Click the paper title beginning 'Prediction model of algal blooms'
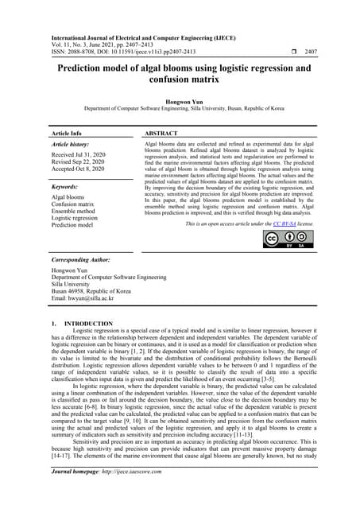pyautogui.click(x=180, y=75)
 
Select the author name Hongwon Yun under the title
pyautogui.click(x=180, y=102)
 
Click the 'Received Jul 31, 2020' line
pyautogui.click(x=83, y=157)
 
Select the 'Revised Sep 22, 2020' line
pyautogui.click(x=83, y=165)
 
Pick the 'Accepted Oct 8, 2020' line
pyautogui.click(x=82, y=173)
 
